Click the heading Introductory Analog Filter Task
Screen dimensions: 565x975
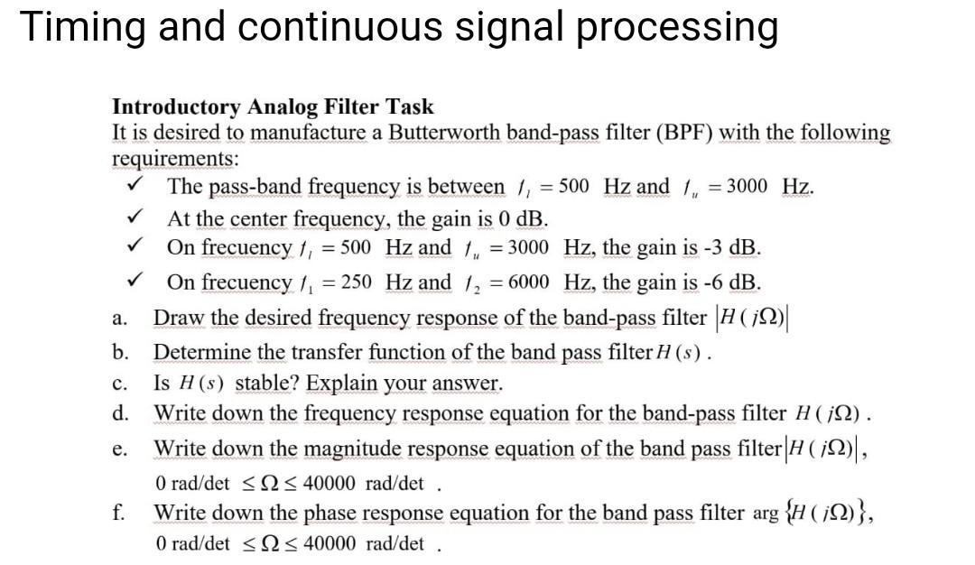(x=273, y=107)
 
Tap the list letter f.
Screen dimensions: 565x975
(x=118, y=513)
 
